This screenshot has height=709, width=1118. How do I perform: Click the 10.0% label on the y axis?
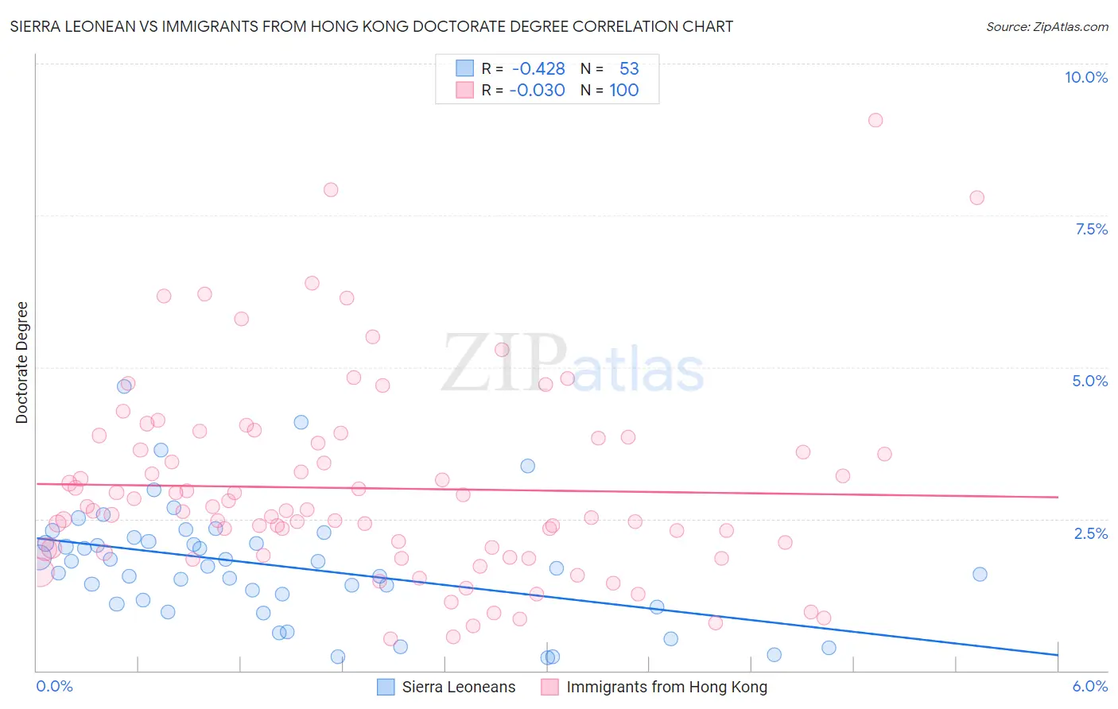click(x=1085, y=77)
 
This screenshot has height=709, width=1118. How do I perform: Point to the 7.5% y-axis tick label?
click(x=1091, y=229)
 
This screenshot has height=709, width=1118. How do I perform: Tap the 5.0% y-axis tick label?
click(x=1089, y=381)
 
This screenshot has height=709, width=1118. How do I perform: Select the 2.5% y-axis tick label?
click(x=1090, y=533)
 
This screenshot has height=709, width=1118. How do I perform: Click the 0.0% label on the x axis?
click(x=54, y=686)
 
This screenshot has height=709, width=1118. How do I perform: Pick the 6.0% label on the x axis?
click(x=1089, y=686)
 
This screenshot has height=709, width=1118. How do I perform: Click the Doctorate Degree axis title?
click(x=21, y=362)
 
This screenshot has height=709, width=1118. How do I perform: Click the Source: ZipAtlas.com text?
click(x=1046, y=26)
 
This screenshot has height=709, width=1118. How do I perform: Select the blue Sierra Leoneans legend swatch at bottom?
click(x=386, y=687)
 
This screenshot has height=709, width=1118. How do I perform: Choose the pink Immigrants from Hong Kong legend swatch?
click(x=549, y=687)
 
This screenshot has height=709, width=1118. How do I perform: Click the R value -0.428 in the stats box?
click(x=538, y=69)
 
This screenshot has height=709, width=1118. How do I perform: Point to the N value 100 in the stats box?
click(x=624, y=90)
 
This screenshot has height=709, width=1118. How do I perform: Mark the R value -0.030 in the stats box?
click(x=538, y=90)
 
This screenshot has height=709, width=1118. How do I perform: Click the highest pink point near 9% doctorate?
click(x=875, y=120)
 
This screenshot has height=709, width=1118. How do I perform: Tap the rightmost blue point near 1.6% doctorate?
click(x=980, y=574)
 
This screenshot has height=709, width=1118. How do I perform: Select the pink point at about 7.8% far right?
click(x=977, y=198)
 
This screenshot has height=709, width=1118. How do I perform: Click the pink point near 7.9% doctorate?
click(x=331, y=189)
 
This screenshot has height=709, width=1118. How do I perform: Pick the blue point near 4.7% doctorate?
click(x=124, y=386)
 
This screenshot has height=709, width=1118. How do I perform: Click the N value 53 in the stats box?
click(x=629, y=69)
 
